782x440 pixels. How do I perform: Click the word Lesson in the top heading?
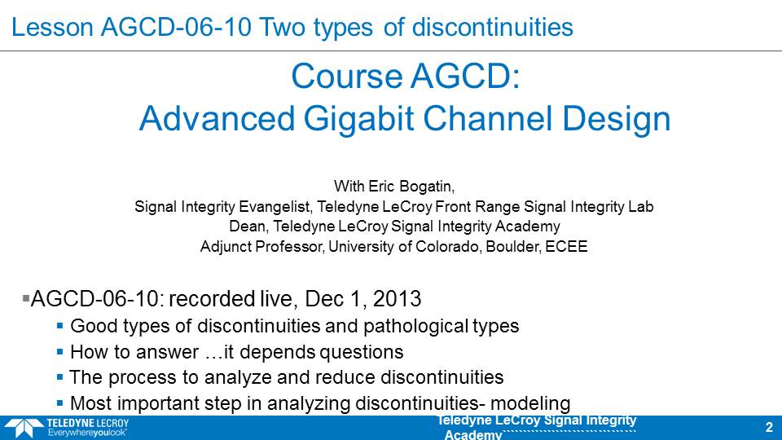tap(52, 27)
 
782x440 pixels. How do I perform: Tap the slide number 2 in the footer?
tap(768, 427)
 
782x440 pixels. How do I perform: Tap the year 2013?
tap(397, 299)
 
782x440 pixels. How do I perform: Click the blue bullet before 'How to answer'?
tap(59, 352)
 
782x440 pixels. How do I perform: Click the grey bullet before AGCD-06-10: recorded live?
tap(26, 298)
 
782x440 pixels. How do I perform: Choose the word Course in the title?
tap(347, 77)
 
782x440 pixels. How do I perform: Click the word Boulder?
tap(513, 246)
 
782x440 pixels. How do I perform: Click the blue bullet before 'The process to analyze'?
tap(59, 377)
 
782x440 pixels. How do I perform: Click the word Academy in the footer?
tap(472, 434)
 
